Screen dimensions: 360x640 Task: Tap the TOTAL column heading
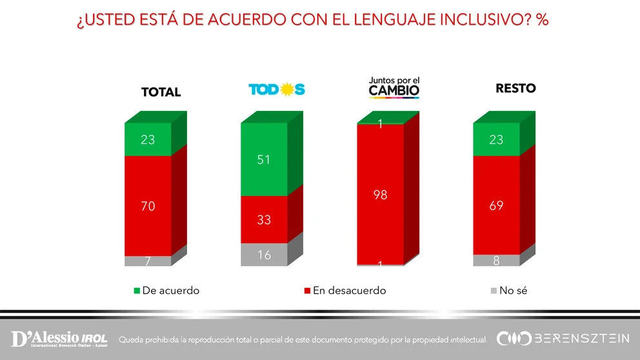(161, 92)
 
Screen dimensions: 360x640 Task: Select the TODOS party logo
(277, 90)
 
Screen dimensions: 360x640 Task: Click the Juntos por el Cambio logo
(394, 88)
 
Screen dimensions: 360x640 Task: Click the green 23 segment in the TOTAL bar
(148, 139)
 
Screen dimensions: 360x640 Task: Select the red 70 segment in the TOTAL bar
(148, 206)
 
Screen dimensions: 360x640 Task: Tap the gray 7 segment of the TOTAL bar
(148, 261)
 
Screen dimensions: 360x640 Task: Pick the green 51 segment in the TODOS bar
(263, 159)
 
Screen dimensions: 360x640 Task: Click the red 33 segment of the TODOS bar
(263, 219)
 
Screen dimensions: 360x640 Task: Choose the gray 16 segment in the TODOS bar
(263, 254)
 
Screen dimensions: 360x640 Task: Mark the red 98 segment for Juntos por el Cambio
(380, 194)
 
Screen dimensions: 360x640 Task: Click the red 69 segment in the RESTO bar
(495, 205)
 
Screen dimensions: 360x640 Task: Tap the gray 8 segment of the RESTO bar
(495, 260)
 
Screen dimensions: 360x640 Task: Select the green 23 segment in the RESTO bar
(495, 139)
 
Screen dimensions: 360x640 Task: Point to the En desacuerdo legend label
(349, 291)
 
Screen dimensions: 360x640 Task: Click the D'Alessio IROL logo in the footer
(59, 339)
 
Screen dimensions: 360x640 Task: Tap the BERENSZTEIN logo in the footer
(563, 339)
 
